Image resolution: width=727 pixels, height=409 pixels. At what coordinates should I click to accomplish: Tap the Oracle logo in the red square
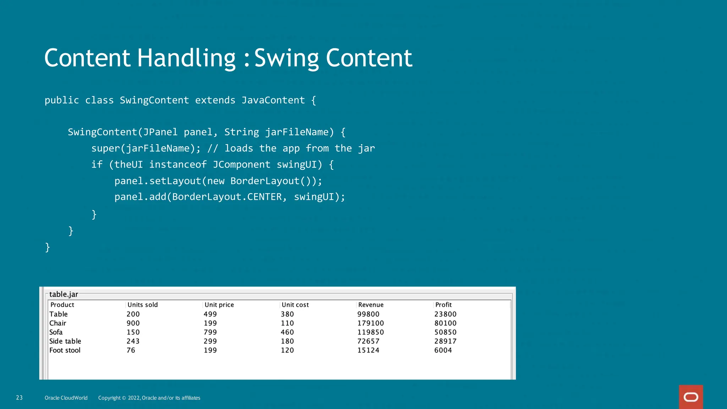[691, 397]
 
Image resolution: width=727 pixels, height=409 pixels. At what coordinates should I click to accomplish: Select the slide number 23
[19, 398]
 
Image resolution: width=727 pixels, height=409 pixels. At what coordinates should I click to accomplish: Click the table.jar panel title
[64, 294]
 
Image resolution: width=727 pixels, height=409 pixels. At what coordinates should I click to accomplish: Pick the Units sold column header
[142, 305]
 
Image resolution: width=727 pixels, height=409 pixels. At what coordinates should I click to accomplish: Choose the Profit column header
[443, 305]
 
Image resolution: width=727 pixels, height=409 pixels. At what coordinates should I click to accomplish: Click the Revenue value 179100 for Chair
[370, 323]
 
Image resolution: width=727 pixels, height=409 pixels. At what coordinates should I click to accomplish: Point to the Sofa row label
[56, 332]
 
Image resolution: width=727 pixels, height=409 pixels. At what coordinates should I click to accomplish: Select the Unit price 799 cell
[210, 332]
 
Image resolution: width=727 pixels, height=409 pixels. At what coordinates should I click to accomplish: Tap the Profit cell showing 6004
[443, 350]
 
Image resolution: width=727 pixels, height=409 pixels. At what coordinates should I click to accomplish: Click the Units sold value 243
[133, 341]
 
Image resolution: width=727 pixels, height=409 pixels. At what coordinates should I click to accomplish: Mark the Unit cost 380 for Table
[287, 314]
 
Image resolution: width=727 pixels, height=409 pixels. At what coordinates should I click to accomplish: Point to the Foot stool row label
[65, 350]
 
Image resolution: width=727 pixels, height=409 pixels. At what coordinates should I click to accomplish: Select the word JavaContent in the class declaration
[273, 100]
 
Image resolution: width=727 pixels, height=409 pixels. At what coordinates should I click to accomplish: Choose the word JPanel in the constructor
[160, 132]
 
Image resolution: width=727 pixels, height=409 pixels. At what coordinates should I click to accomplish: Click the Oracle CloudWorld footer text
[66, 398]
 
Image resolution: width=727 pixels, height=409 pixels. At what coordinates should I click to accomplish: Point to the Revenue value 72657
[368, 341]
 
